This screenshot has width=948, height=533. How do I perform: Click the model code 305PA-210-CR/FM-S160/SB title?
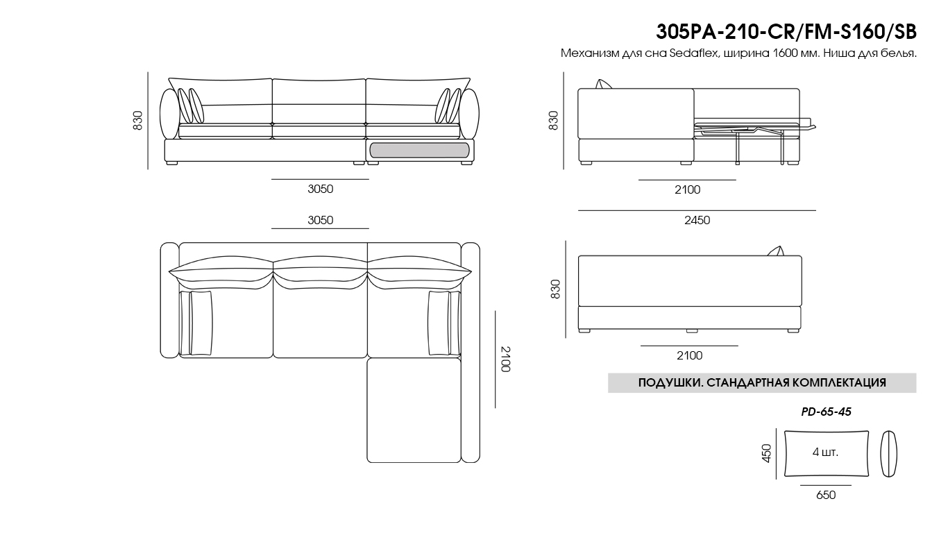[x=786, y=32]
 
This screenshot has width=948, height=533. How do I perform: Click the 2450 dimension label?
[x=697, y=220]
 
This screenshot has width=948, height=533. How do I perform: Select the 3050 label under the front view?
[x=321, y=189]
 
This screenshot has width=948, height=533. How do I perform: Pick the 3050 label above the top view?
[x=321, y=220]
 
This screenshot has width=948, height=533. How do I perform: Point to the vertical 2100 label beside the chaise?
[x=506, y=359]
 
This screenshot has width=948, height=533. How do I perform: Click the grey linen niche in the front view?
[x=419, y=151]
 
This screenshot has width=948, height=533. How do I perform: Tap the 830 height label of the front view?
[x=138, y=120]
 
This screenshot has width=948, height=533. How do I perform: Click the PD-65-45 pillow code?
[x=826, y=412]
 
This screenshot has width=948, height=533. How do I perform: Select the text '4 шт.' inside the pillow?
[x=825, y=452]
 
